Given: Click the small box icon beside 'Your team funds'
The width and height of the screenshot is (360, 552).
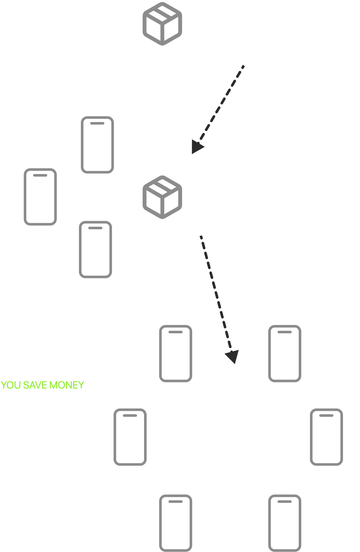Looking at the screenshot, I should [162, 24].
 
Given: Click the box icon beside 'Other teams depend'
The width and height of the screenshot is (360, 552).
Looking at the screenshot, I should [162, 197].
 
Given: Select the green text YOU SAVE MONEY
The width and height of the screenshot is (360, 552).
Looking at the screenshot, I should [42, 385].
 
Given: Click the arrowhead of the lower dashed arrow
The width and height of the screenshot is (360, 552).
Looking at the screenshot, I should [232, 356].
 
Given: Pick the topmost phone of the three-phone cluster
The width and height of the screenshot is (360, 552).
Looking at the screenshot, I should [97, 145].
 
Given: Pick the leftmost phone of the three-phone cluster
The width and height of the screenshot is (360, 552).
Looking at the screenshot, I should [40, 197].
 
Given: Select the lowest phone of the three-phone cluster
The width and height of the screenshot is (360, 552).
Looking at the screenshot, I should [95, 250].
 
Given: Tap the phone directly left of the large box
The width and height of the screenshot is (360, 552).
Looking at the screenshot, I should [130, 437].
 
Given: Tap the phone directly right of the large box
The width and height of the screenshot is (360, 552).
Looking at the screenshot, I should [326, 437].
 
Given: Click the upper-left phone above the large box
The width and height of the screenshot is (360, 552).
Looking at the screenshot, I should [176, 354].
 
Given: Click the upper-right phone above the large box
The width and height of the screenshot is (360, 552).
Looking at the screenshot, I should [285, 354].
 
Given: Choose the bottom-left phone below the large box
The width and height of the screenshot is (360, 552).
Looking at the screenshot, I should [176, 523].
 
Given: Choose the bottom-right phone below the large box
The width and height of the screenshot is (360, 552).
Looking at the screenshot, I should [285, 523].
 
